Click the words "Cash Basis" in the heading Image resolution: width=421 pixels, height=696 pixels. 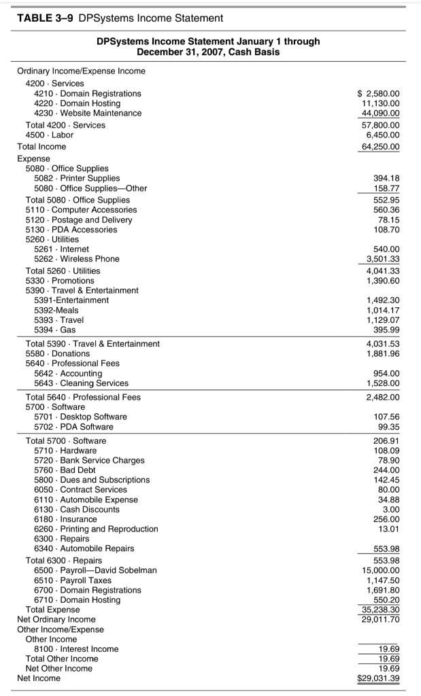(256, 52)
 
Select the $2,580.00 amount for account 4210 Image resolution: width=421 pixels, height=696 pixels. (378, 93)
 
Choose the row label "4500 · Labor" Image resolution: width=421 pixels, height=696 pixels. (50, 135)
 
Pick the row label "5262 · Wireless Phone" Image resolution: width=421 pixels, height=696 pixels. (77, 259)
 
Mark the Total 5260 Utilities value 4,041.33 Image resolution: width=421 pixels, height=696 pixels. (383, 271)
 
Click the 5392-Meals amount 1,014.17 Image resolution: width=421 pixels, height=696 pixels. (383, 310)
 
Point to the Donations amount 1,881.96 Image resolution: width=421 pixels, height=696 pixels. (383, 353)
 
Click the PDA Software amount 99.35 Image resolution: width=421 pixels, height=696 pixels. (388, 427)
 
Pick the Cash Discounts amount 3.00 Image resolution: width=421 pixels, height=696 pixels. (390, 509)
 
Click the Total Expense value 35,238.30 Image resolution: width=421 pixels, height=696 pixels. (381, 610)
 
